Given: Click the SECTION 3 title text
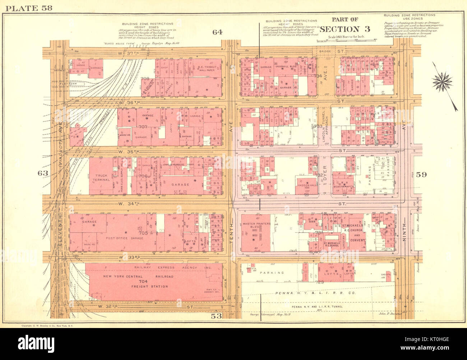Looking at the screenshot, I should (x=339, y=29).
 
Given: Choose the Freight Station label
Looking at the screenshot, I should (x=149, y=286).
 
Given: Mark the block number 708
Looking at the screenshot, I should (x=145, y=78).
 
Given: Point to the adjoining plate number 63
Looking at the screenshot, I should (x=43, y=173).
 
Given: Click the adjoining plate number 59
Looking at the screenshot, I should (x=421, y=175).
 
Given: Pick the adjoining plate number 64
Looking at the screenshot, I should (x=217, y=32).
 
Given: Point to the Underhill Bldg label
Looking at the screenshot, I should (x=285, y=67).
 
